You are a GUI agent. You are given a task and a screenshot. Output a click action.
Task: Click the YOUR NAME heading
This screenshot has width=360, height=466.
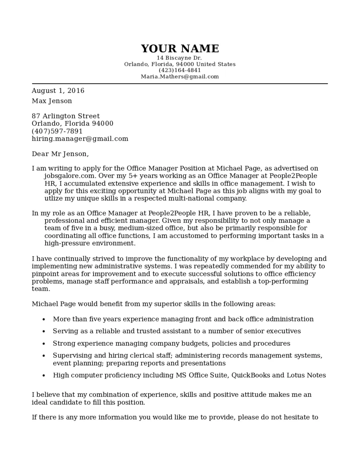pos(180,49)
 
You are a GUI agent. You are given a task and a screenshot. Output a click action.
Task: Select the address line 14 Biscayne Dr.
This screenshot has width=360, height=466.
pos(179,58)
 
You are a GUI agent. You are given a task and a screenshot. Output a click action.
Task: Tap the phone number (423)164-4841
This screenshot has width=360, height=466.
pos(180,70)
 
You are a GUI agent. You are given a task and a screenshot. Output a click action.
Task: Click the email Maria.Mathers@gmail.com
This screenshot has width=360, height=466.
pos(180,77)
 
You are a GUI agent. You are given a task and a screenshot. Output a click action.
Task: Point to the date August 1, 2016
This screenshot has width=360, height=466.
pos(58,91)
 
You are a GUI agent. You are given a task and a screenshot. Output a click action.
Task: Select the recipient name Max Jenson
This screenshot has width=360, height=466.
pos(52,101)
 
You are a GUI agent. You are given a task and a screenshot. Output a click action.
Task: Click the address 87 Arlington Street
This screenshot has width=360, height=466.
pos(66,116)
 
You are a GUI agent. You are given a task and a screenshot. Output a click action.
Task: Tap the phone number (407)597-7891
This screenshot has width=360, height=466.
pos(57,132)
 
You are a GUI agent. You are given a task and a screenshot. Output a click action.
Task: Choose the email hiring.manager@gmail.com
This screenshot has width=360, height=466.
pos(80,139)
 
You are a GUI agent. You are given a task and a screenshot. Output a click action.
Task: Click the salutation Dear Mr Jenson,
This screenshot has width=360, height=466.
pos(60,154)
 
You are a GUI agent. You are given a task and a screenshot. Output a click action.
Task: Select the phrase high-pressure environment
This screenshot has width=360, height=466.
pos(90,243)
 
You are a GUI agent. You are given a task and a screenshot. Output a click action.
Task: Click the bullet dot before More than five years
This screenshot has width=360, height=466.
pos(44,320)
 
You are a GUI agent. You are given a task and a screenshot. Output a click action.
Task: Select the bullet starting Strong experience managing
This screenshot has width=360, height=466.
pos(171,344)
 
